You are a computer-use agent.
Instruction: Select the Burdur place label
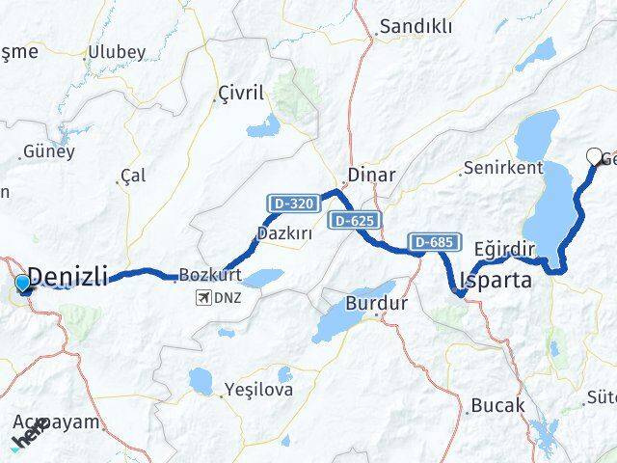coord(377,303)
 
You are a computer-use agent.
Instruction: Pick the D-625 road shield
coord(354,221)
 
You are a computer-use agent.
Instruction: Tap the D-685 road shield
coord(430,241)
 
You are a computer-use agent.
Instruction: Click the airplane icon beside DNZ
coord(203,297)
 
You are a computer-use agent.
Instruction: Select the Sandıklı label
coord(416,27)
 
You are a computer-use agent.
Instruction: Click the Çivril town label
coord(239,95)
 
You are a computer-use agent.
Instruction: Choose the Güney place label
coord(48,151)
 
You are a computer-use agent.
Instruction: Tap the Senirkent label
coord(503,168)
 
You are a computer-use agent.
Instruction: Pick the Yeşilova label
coord(257,390)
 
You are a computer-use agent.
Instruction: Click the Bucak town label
coord(498,405)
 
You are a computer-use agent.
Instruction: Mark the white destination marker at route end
coord(595,155)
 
